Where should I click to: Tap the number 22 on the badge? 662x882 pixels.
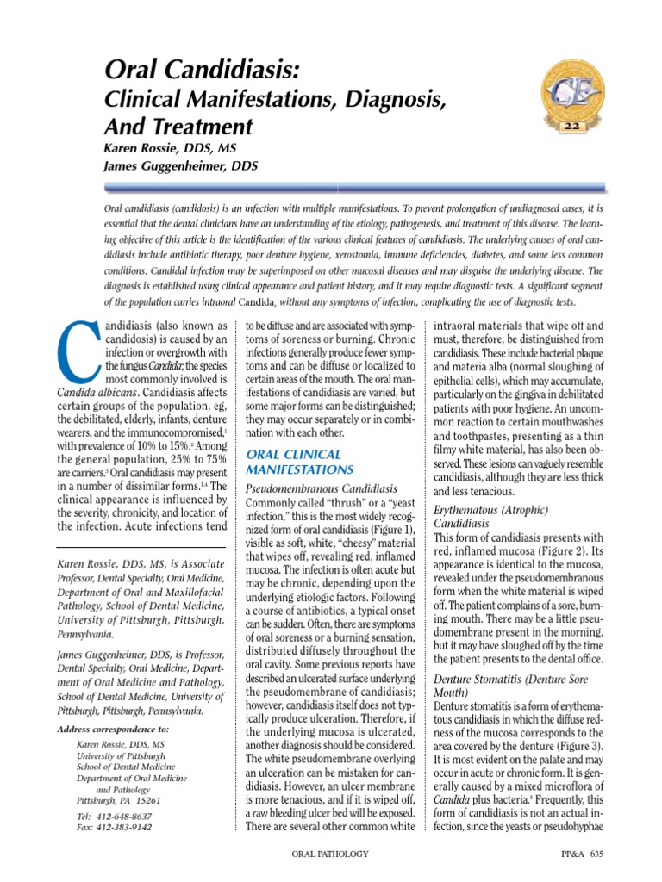coord(571,127)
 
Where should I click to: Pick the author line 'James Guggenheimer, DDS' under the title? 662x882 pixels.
coord(180,165)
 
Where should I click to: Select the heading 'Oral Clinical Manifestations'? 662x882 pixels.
coord(300,461)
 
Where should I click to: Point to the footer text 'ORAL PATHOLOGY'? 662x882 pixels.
coord(331,854)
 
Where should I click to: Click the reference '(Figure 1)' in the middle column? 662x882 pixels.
coord(389,528)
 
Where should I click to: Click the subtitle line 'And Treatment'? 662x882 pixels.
coord(178,127)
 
